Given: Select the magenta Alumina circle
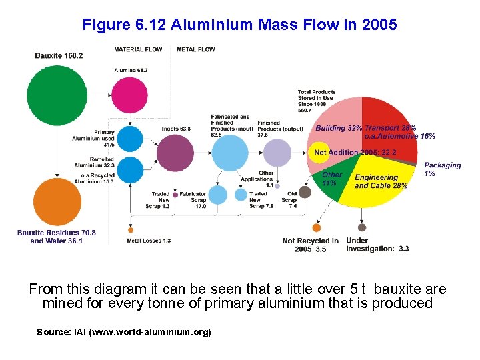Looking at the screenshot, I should (x=129, y=94).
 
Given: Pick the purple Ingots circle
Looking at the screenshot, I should (x=175, y=153).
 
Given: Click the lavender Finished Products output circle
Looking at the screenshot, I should (x=277, y=153).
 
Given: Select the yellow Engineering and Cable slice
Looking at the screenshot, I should (x=380, y=183).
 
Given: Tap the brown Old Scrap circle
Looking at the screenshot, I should (x=305, y=192).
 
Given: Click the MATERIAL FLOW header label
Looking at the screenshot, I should (x=138, y=49).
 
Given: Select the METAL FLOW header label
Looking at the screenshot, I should (x=195, y=49).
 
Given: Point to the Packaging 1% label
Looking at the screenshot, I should (x=442, y=169).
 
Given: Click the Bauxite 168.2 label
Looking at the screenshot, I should (x=59, y=55).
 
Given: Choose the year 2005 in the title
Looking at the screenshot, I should (x=379, y=25).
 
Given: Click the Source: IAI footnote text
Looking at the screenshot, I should (x=124, y=331).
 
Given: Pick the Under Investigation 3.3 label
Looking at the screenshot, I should (x=377, y=245).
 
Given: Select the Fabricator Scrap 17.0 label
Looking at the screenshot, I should (x=193, y=200).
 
